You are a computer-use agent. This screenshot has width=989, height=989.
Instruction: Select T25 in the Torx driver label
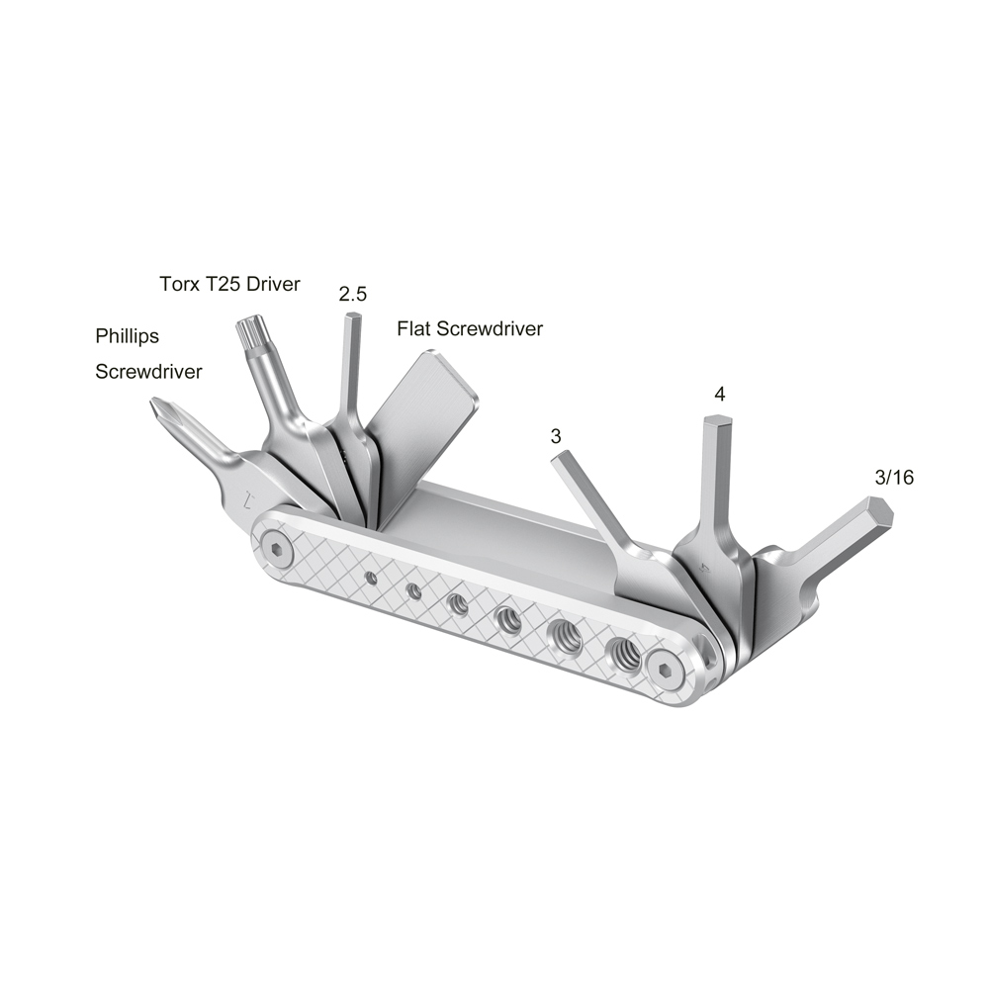(225, 284)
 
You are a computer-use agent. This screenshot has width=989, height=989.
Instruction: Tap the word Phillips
(127, 336)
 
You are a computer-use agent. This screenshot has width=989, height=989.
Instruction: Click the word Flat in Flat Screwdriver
(413, 329)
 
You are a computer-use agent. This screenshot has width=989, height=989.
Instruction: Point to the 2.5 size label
(353, 294)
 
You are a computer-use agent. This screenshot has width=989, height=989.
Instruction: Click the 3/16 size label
(894, 477)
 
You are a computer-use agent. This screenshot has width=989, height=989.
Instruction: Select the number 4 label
(719, 394)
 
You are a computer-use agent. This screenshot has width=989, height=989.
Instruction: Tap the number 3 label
(556, 435)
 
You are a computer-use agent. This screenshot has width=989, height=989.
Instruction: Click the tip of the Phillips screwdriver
(156, 405)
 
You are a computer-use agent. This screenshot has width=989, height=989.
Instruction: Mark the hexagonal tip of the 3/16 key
(878, 512)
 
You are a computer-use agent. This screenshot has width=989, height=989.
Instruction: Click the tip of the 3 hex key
(560, 456)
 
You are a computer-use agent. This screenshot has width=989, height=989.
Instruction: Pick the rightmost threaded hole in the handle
(623, 650)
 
